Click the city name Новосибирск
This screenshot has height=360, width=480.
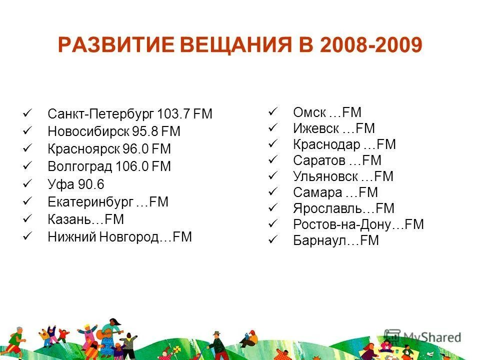(x=88, y=131)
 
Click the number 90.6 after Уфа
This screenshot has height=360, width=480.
(x=91, y=184)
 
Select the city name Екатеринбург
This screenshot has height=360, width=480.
(x=90, y=202)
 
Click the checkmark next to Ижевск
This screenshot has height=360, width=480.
(x=272, y=128)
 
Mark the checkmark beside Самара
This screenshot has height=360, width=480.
(x=272, y=192)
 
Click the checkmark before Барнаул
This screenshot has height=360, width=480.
(x=272, y=240)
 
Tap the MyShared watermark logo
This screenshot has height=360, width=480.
(x=422, y=337)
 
